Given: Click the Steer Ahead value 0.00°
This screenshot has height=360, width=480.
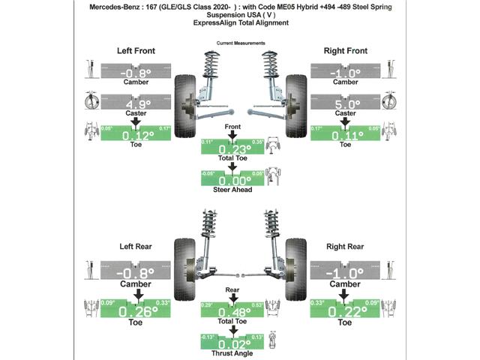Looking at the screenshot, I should pos(232,180).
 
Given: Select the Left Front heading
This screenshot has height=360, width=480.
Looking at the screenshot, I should pos(136,51).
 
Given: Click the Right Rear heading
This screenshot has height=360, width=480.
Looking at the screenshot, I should pos(345,246).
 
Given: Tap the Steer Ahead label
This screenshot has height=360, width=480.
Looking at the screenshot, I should pos(232,190).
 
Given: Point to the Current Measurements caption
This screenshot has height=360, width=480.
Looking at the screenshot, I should pos(239,43).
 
